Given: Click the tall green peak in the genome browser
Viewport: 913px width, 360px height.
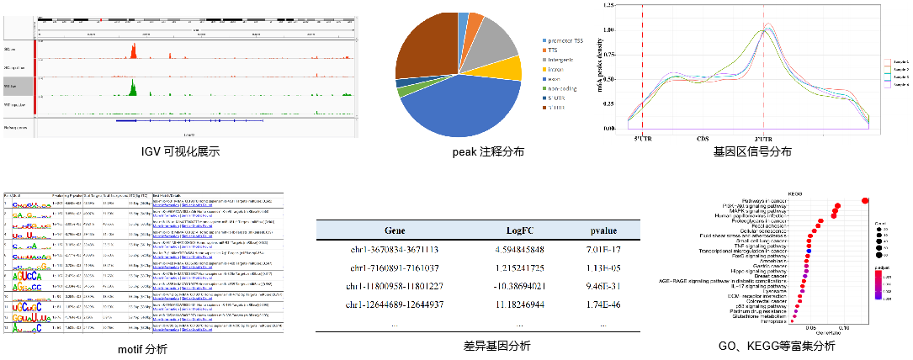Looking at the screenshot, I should coord(132,87).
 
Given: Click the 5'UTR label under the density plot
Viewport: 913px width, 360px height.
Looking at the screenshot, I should coord(642,138).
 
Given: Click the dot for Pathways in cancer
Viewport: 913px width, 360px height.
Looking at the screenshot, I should coord(865,199).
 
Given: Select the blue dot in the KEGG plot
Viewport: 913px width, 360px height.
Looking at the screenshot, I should coord(808,250).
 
